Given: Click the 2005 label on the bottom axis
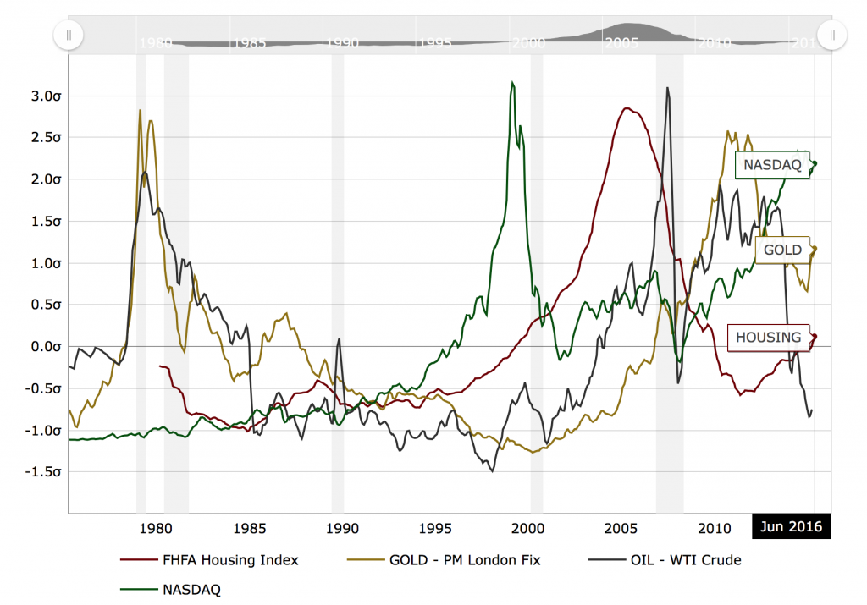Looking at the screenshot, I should [x=621, y=529].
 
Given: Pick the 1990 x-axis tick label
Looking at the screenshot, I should [x=342, y=529].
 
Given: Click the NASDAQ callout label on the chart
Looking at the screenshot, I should [x=769, y=165].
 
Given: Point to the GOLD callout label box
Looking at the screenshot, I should [x=783, y=250].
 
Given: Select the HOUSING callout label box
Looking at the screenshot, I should [x=768, y=338].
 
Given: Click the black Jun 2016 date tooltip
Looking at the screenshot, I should [x=792, y=525].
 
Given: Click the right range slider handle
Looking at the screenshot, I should [x=832, y=35].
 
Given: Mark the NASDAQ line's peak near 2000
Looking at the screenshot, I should [x=512, y=83].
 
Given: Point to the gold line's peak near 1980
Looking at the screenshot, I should [x=140, y=110].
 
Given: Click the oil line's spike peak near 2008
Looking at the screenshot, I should [x=667, y=87].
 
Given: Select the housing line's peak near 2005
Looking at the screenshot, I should [x=627, y=108].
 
